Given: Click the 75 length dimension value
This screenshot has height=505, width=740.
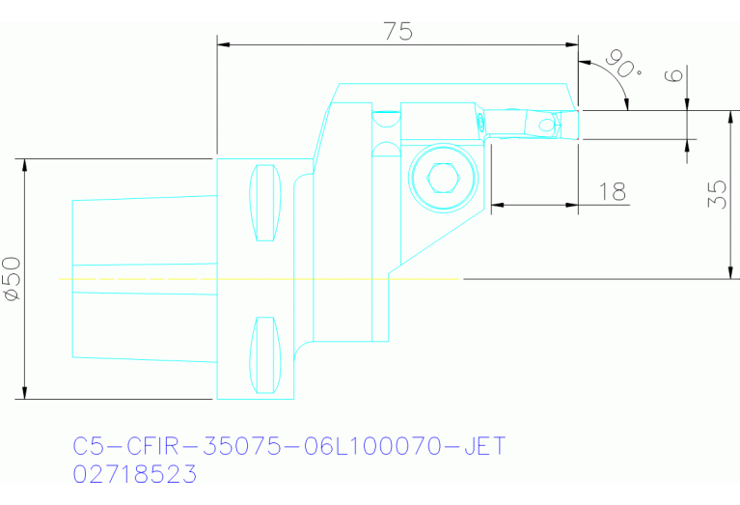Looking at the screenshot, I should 397,31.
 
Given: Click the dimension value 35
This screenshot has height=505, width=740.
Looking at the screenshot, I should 716,193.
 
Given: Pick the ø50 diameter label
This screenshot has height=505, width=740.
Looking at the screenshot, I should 11,279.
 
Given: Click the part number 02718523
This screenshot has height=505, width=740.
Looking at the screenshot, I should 135,474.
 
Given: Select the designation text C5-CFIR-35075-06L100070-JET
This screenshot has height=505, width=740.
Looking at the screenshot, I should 288,447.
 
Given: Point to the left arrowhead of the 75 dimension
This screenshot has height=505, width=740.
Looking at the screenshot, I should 224,43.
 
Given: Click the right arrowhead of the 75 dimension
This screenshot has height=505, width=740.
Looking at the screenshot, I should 572,43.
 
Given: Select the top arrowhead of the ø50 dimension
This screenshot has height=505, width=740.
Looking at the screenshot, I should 25,164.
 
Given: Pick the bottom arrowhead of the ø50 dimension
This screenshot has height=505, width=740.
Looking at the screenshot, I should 25,391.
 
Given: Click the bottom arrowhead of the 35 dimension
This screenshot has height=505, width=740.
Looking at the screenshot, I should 726,272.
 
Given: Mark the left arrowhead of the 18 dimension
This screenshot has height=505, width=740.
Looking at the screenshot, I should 497,204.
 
